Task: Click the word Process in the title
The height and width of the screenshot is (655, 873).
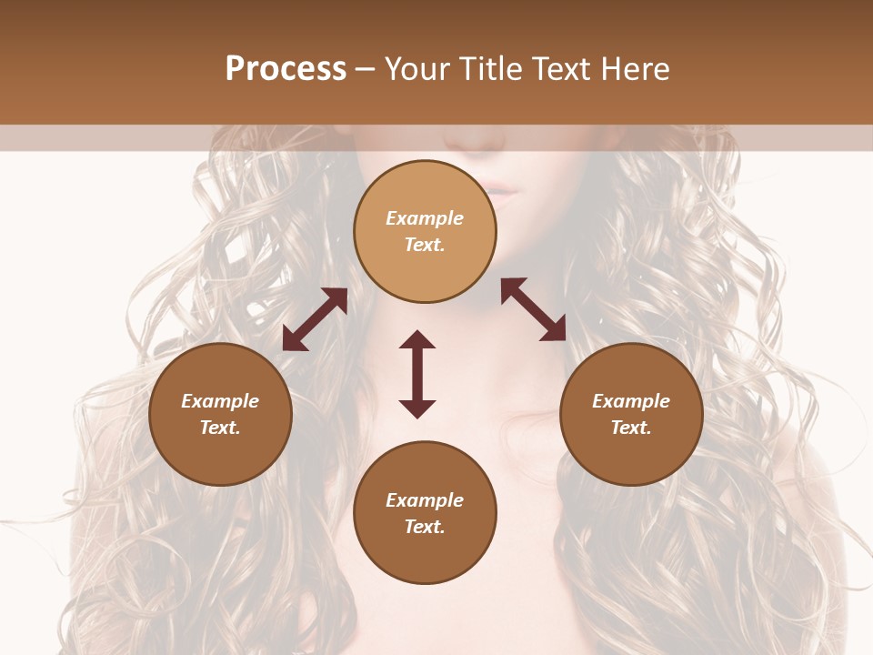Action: tap(286, 69)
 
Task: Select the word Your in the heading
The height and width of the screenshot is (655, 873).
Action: tap(419, 69)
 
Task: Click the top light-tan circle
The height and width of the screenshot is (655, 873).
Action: tap(425, 231)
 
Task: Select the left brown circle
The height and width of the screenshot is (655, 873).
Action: tap(220, 414)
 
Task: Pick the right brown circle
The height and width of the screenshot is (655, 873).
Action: tap(631, 414)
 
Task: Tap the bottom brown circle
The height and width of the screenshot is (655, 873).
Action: tap(425, 513)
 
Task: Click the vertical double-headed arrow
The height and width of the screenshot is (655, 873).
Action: tap(417, 374)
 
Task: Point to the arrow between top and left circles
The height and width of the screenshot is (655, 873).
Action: tap(315, 319)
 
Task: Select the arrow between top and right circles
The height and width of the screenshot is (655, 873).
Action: tap(534, 309)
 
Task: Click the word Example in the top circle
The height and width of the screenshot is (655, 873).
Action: tap(425, 218)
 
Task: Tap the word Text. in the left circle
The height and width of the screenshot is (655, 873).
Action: tap(220, 428)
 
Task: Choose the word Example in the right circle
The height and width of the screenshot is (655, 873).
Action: tap(631, 401)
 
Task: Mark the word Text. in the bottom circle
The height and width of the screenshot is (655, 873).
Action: tap(425, 527)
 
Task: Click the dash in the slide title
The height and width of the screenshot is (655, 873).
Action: tap(366, 69)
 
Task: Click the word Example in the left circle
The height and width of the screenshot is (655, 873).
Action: tap(220, 401)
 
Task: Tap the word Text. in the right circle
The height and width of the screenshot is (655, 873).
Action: tap(631, 428)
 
